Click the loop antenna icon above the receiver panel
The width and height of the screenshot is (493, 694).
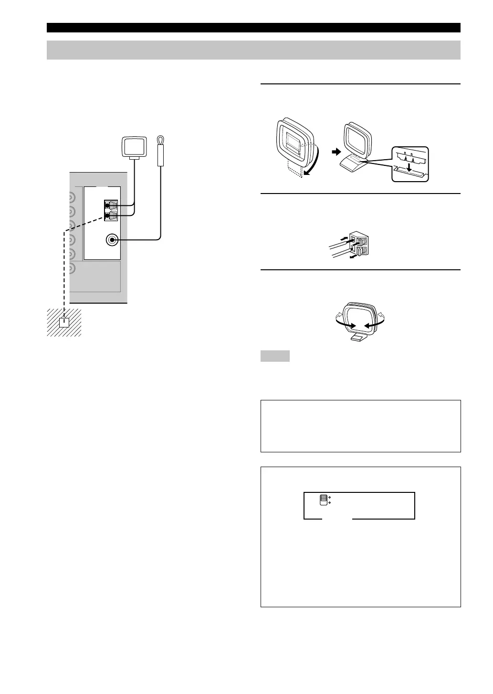click(137, 146)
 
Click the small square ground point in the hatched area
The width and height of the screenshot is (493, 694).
click(64, 323)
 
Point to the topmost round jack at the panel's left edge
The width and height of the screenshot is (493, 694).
click(72, 197)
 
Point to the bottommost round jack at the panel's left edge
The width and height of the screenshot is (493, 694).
click(72, 268)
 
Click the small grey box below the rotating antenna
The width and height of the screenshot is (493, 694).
click(275, 356)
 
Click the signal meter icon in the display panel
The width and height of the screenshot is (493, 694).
click(324, 500)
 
